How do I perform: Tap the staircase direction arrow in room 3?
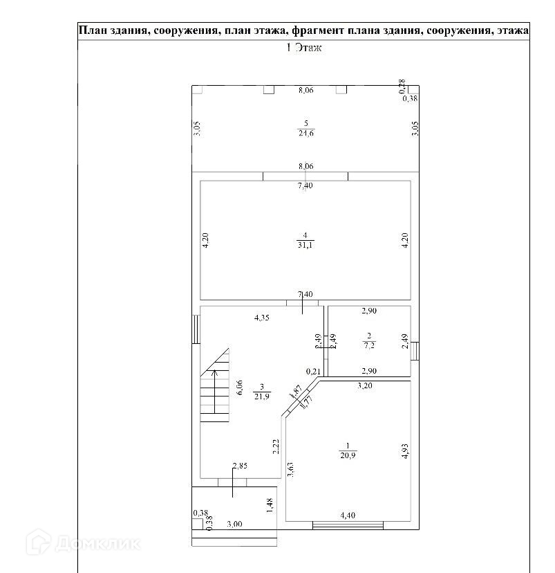pos(214,392)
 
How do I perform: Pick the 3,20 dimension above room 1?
pos(364,386)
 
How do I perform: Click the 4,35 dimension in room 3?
pos(261,318)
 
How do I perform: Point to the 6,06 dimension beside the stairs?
pos(239,388)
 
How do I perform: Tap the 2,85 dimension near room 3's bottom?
pos(239,466)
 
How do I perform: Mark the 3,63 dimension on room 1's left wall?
pos(290,469)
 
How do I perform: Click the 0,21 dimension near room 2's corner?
pos(312,371)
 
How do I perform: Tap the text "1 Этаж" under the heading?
pos(305,48)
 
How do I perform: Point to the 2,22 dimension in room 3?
pos(275,446)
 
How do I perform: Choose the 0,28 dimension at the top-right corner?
pos(402,86)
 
